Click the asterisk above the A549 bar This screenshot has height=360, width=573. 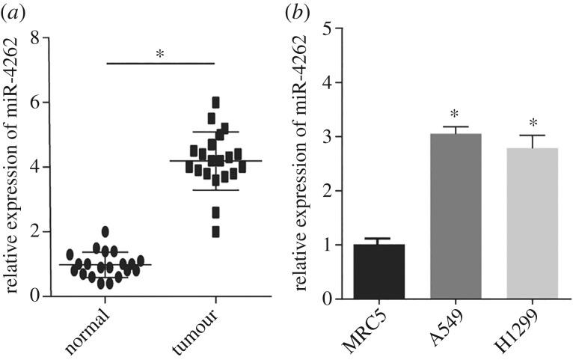[456, 116]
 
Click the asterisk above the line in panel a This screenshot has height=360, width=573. [160, 55]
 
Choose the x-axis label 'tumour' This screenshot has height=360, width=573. [200, 329]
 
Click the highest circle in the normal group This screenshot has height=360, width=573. [105, 231]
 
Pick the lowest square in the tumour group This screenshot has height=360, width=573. [215, 232]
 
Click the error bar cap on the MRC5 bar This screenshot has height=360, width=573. [379, 239]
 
